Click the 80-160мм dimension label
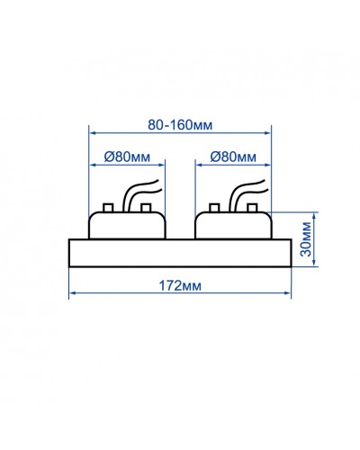(x=180, y=125)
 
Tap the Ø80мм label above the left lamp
(x=127, y=157)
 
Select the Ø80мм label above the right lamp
(x=233, y=157)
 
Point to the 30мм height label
(x=306, y=239)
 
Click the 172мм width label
(x=180, y=286)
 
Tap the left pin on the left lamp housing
(x=108, y=208)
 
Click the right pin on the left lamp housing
(x=146, y=208)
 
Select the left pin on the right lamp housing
(x=214, y=208)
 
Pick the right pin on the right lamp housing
(x=252, y=208)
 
